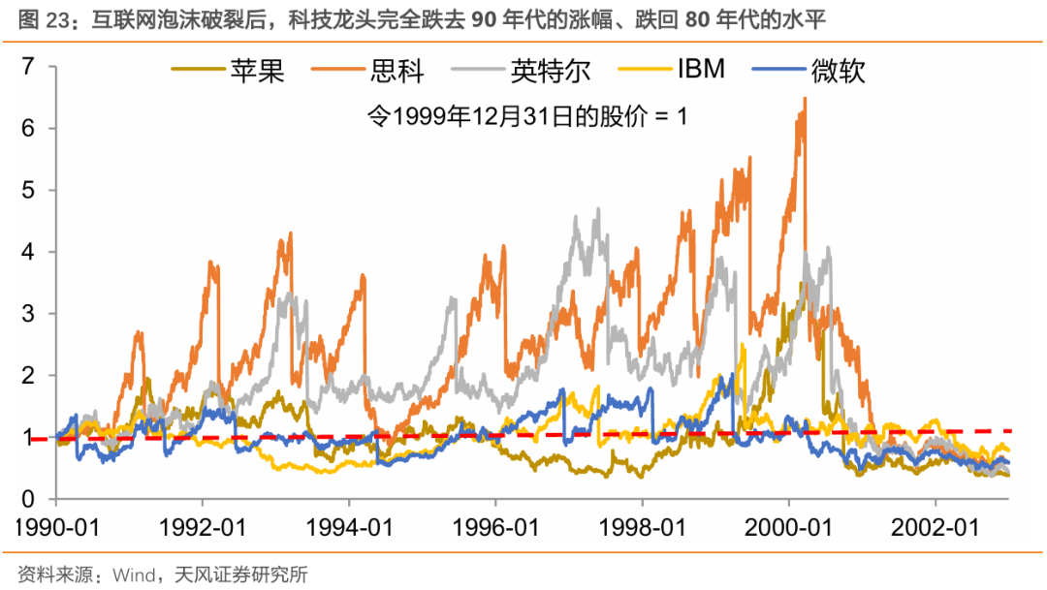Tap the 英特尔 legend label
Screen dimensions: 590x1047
point(550,71)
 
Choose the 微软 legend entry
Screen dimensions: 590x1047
point(838,71)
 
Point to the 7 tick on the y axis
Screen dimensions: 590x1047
point(28,67)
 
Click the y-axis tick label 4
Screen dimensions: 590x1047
point(28,252)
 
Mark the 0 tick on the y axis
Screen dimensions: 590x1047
point(28,499)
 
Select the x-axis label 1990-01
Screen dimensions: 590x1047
point(55,530)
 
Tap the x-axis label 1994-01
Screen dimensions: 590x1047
point(349,530)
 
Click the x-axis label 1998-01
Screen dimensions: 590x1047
point(642,530)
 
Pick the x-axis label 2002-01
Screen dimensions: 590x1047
point(936,530)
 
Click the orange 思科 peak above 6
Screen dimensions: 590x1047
point(805,100)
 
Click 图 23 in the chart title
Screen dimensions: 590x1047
point(38,18)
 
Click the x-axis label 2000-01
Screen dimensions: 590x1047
point(788,530)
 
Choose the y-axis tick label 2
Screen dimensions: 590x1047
point(28,376)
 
